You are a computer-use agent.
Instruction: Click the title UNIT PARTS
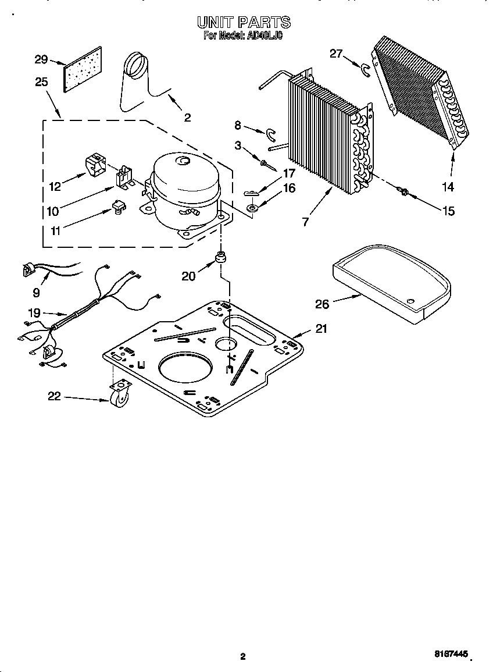(x=243, y=23)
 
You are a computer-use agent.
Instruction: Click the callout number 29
(x=40, y=59)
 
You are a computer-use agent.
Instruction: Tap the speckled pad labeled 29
(x=82, y=70)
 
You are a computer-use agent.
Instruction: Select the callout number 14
(x=447, y=187)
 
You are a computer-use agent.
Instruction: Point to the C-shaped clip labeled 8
(x=270, y=134)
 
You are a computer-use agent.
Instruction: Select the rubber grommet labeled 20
(x=221, y=257)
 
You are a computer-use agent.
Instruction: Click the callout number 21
(x=321, y=329)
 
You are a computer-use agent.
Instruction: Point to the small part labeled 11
(x=118, y=207)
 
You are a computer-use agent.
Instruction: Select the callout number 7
(x=305, y=222)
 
